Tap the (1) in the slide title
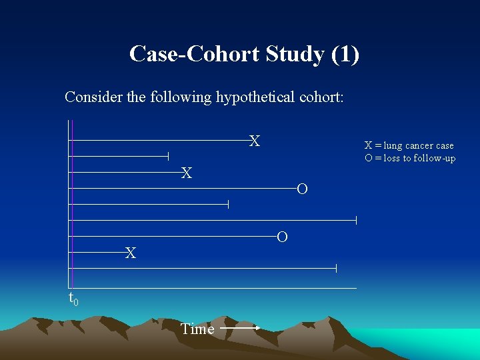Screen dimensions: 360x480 pos(345,54)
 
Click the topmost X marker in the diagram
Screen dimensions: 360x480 pos(255,141)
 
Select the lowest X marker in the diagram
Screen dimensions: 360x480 pos(131,253)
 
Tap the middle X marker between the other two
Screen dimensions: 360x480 pos(187,173)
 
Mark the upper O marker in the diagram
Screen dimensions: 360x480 pos(302,190)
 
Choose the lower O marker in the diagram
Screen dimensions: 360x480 pos(282,237)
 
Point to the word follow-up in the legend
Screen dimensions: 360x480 pos(435,158)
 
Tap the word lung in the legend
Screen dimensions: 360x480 pos(393,146)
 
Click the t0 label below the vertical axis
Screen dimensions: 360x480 pos(73,299)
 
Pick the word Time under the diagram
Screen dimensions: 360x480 pos(197,329)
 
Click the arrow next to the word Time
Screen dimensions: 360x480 pos(240,328)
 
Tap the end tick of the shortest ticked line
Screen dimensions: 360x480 pos(168,156)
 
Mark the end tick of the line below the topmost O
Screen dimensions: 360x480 pos(228,204)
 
